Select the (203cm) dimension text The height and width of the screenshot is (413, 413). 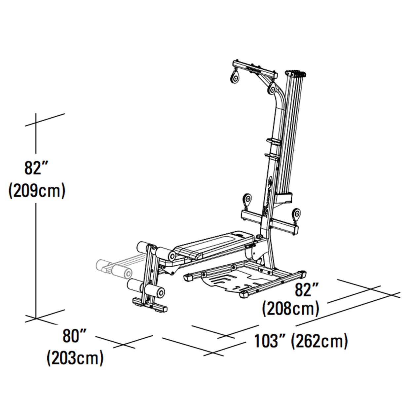pyautogui.click(x=75, y=358)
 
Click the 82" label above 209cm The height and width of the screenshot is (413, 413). pyautogui.click(x=36, y=168)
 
